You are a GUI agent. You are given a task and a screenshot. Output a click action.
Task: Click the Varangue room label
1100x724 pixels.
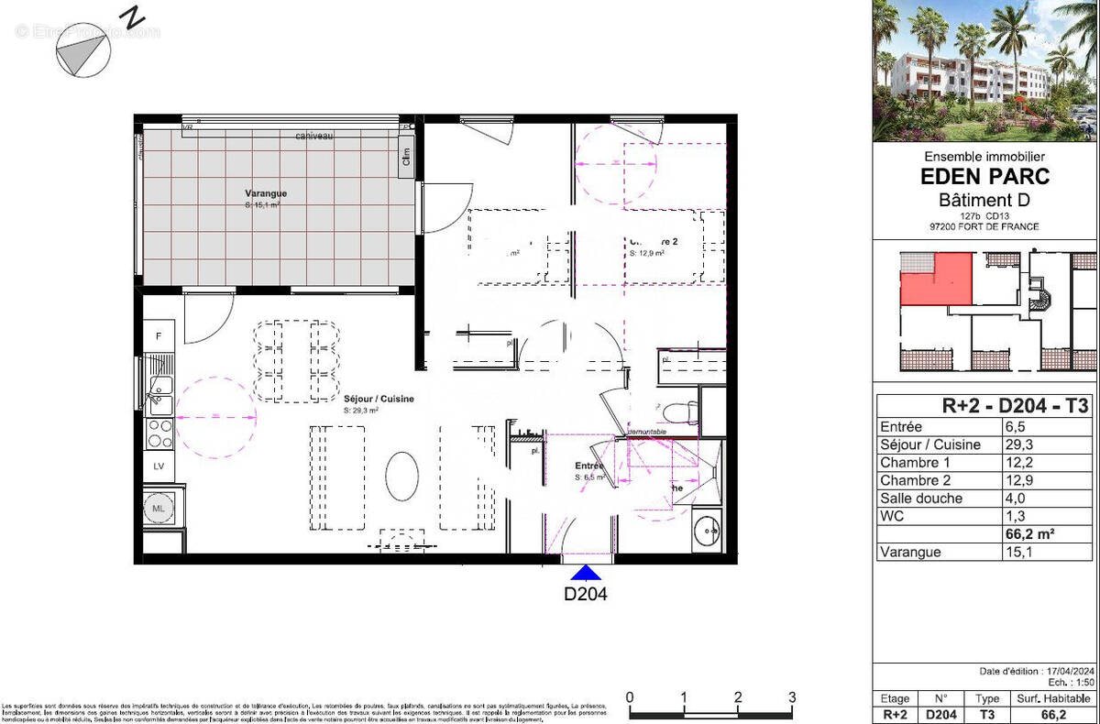click(x=266, y=193)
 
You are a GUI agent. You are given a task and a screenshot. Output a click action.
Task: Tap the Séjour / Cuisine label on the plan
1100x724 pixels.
click(x=379, y=400)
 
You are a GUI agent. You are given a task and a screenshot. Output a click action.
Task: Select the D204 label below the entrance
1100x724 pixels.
click(x=586, y=593)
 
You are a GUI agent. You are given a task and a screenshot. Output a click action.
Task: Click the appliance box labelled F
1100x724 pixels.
click(x=159, y=337)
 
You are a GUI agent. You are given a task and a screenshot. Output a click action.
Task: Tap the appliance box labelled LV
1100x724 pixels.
click(x=159, y=466)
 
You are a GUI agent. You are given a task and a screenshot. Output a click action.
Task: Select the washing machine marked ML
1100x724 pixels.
click(x=159, y=508)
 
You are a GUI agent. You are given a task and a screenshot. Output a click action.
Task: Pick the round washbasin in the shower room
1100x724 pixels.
click(x=706, y=530)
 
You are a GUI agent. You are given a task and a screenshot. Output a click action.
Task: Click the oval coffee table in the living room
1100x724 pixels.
click(x=401, y=476)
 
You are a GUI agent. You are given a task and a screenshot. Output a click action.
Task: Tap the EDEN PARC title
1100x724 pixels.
click(x=984, y=178)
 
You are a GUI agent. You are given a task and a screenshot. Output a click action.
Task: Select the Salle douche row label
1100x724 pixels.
click(x=921, y=499)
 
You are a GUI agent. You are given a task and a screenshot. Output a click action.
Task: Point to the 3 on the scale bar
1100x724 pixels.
click(x=791, y=697)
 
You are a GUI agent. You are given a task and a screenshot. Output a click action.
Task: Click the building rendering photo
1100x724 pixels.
click(x=984, y=71)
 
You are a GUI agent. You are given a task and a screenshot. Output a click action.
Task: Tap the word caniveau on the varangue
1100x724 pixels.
click(x=313, y=136)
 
